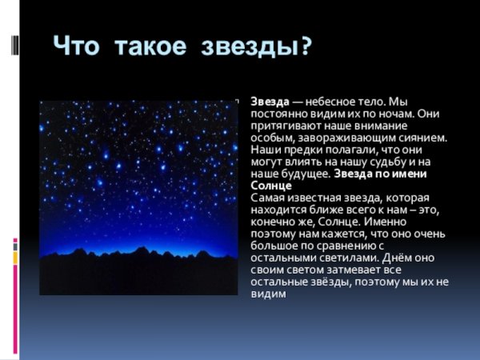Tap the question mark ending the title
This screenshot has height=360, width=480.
(303, 46)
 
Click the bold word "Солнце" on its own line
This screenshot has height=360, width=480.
(270, 185)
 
